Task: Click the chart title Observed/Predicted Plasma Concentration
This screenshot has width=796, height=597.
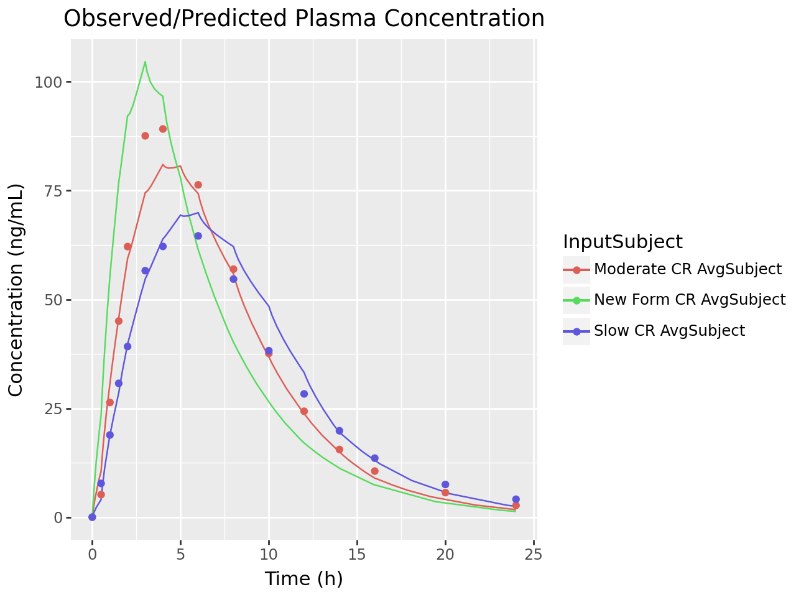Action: tap(304, 19)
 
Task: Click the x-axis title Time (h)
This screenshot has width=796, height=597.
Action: tap(303, 579)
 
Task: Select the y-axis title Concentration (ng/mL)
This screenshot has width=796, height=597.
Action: tap(16, 290)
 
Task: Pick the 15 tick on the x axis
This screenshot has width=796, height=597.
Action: tap(357, 555)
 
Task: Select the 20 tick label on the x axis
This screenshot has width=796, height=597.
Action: tap(445, 555)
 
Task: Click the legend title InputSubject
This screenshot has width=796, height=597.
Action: tap(622, 241)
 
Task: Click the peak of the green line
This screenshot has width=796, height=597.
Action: tap(145, 62)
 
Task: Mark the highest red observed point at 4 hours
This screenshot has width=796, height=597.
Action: tap(163, 129)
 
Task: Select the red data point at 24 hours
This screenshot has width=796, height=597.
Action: tap(516, 506)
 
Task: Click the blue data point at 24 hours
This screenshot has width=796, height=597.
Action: tap(516, 499)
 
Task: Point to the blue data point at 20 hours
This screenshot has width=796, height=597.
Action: tap(445, 484)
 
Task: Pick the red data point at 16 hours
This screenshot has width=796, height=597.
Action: tap(374, 471)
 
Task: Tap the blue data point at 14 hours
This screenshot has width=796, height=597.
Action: tap(339, 430)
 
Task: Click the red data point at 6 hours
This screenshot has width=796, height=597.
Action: tap(198, 185)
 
